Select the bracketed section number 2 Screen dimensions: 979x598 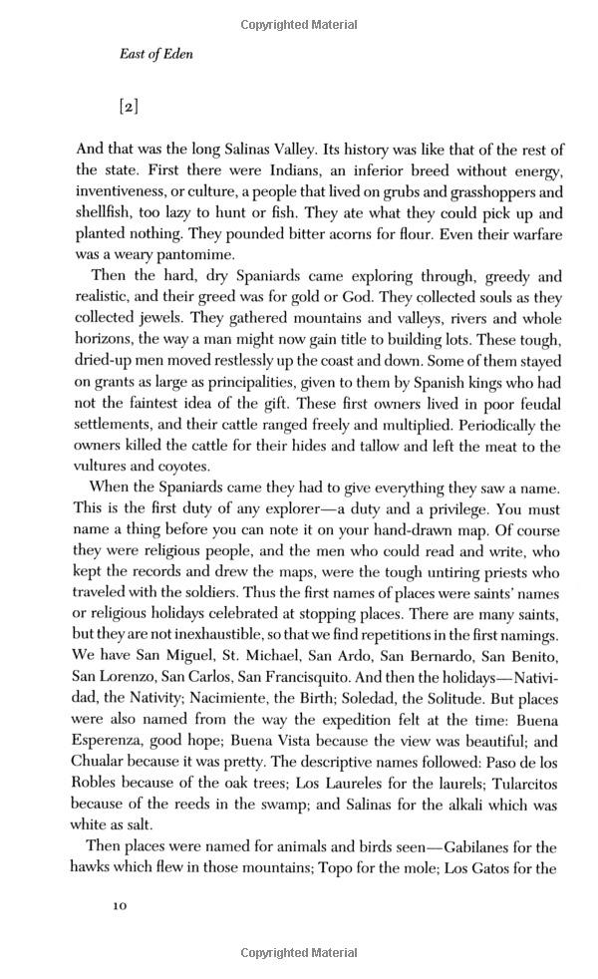(x=128, y=105)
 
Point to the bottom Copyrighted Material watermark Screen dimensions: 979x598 (x=299, y=955)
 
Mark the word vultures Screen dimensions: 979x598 (x=110, y=466)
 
